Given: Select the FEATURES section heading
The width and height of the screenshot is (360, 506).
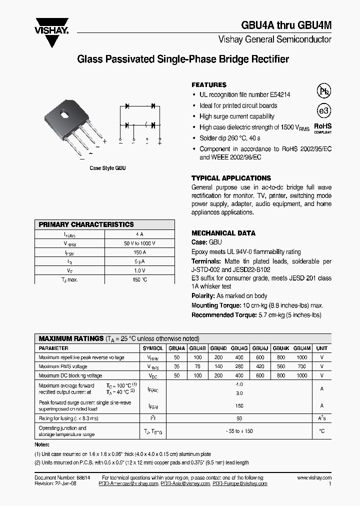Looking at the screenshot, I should point(209,85).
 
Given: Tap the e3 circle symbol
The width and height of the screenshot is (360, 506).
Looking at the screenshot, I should point(324,110).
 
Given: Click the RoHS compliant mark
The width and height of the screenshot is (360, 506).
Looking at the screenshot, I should point(322,128).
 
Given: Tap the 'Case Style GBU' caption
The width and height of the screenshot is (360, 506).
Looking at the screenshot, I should point(107,168).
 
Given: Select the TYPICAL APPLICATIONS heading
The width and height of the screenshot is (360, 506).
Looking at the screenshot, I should point(231,178).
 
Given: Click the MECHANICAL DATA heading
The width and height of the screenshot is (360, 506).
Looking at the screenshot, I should point(223,233).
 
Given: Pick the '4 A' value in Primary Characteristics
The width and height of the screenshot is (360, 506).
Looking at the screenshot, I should point(139,234).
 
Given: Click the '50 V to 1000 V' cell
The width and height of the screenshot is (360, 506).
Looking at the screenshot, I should point(139,243).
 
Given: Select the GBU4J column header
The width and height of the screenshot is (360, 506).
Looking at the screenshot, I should point(259,348).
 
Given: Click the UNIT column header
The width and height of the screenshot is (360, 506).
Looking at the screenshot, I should point(322,348).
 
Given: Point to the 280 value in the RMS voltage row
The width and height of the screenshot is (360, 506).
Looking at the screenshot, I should point(239,366).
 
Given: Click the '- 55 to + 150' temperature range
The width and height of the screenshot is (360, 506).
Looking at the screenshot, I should point(239,431).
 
